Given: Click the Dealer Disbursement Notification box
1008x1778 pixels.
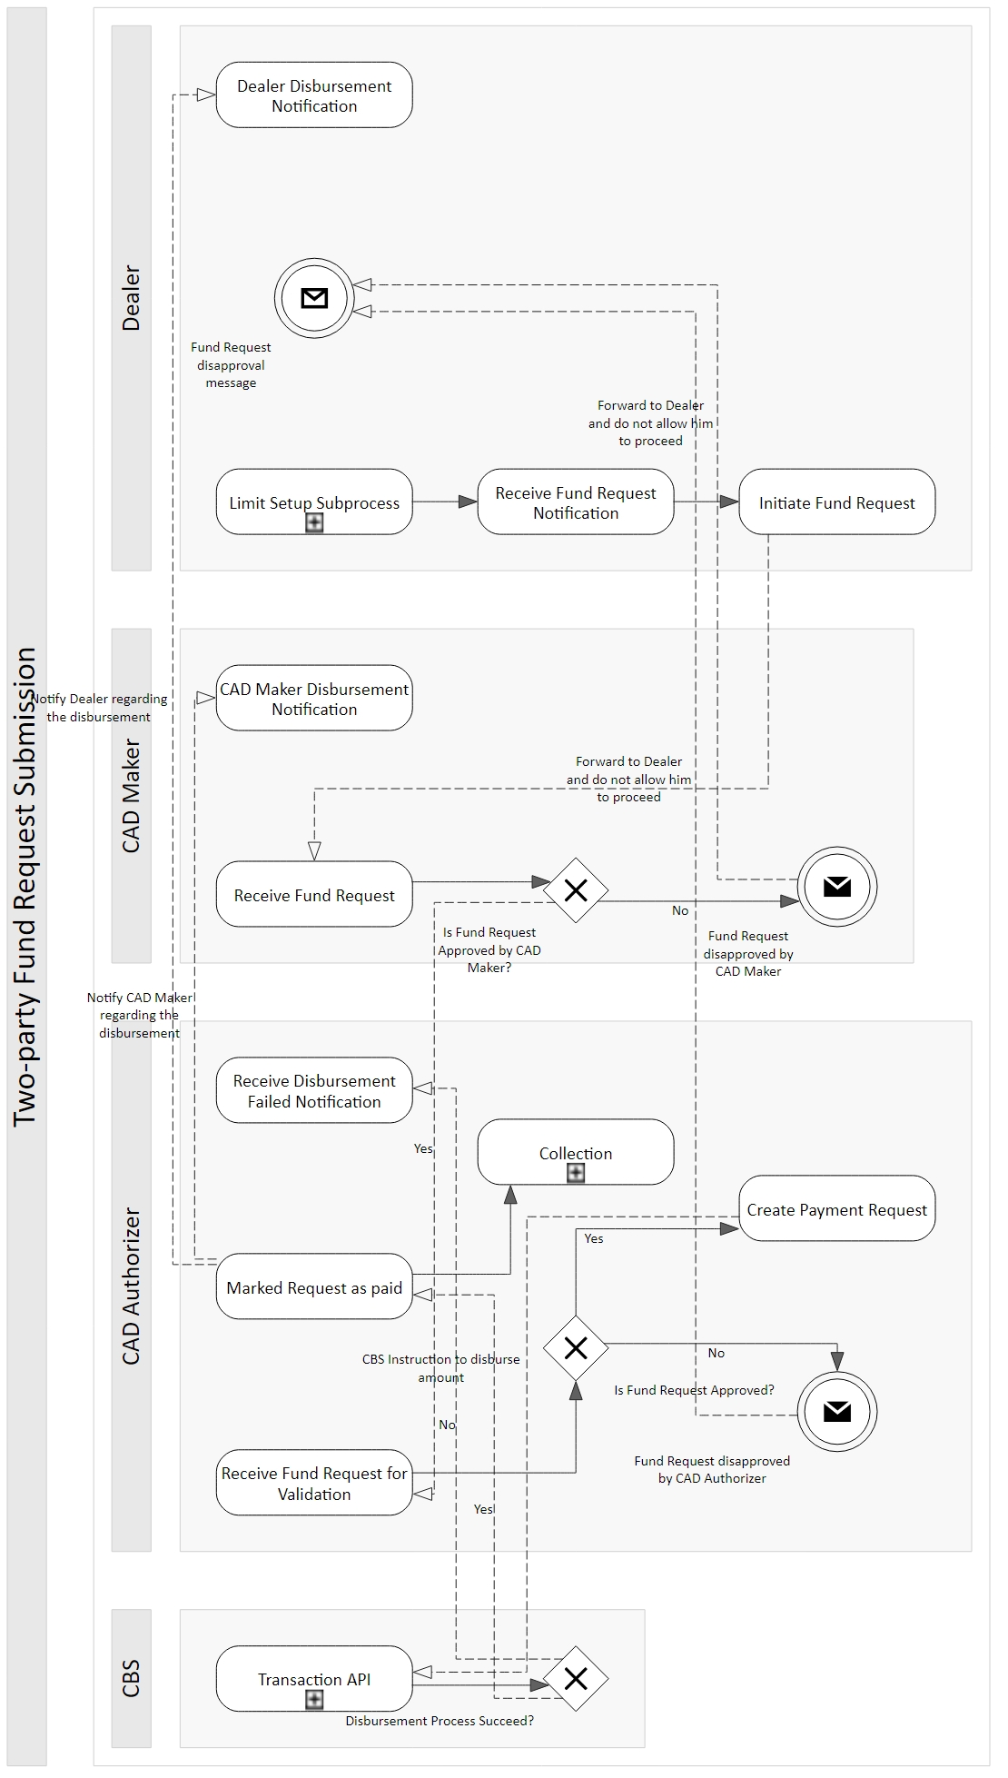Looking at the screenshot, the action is tap(314, 94).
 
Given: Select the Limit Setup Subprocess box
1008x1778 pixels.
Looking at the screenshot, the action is tap(314, 502).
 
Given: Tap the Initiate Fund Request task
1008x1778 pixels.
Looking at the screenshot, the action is tap(837, 502).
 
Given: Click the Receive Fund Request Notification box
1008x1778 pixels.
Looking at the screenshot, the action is tap(576, 502).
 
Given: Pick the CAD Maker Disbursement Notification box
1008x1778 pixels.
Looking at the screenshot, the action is tap(314, 698).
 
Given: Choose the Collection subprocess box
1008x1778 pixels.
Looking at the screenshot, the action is tap(576, 1152).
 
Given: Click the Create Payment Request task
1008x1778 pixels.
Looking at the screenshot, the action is tap(837, 1208).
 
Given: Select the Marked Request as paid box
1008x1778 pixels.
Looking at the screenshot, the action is tap(314, 1286).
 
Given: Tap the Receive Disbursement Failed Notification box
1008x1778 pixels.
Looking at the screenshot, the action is tap(314, 1090).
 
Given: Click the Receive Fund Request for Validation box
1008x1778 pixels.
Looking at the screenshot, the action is tap(314, 1483).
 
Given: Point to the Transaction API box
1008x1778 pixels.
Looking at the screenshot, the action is tap(314, 1679).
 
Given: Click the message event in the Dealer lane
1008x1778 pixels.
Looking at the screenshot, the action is tap(314, 298).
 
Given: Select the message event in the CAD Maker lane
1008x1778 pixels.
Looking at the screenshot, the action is tap(837, 887).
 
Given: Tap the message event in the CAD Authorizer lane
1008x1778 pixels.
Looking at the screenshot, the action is tap(837, 1411).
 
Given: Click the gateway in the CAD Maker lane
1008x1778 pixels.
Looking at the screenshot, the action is tap(576, 890).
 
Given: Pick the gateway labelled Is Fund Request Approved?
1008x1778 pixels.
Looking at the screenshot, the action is tap(576, 1348).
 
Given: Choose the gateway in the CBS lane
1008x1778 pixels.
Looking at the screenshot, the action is tap(576, 1679).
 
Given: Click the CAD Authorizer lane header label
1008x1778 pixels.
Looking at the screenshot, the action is tap(132, 1286).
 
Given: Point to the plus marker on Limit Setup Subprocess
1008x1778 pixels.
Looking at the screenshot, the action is tap(314, 522).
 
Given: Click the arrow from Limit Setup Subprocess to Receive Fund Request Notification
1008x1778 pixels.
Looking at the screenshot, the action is tap(445, 502).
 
